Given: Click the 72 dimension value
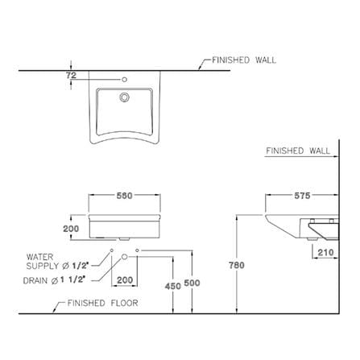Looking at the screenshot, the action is tap(71, 76).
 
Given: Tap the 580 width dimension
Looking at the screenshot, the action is tap(124, 196).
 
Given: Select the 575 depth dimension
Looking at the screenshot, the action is tap(302, 196).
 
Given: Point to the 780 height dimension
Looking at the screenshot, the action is tap(237, 265).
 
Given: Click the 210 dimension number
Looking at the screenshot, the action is tap(325, 252).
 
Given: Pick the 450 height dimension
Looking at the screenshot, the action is tap(173, 286).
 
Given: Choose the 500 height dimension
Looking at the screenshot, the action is tap(192, 283).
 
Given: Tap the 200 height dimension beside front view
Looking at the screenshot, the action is tap(71, 229).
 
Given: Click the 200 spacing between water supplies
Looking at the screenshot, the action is tap(125, 280).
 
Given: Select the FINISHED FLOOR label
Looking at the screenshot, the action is tap(102, 303).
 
